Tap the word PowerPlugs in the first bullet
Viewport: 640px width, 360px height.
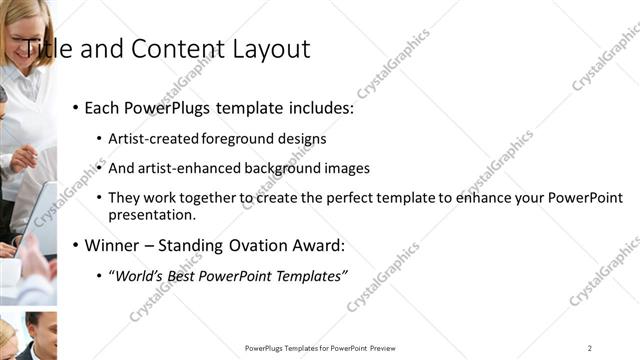click(x=169, y=107)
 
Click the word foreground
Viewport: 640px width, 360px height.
click(x=237, y=138)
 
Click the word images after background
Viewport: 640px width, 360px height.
click(x=349, y=168)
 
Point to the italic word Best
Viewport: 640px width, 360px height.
click(x=182, y=275)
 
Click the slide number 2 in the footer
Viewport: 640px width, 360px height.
click(x=590, y=348)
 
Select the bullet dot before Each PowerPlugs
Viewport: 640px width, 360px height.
click(x=76, y=108)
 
